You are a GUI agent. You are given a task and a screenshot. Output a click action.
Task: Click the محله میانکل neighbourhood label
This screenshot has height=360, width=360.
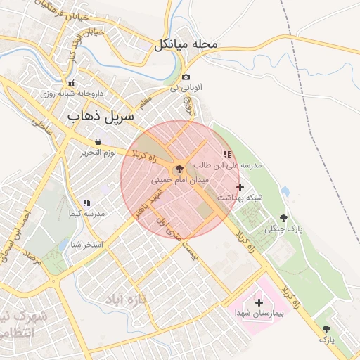pyautogui.click(x=187, y=45)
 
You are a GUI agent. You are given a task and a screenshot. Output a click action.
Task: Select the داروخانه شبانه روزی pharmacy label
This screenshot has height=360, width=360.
pyautogui.click(x=71, y=93)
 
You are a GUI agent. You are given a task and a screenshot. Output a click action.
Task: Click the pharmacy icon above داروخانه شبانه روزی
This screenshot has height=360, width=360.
pyautogui.click(x=71, y=82)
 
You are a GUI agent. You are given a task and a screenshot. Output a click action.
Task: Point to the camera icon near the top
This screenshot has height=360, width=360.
pyautogui.click(x=186, y=77)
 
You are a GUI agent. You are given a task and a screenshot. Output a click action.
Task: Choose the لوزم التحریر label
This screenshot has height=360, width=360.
pyautogui.click(x=97, y=152)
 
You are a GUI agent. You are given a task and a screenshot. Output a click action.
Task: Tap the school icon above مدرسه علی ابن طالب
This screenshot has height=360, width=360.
pyautogui.click(x=226, y=154)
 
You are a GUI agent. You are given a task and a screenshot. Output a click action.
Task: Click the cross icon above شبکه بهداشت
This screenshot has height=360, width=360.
pyautogui.click(x=240, y=187)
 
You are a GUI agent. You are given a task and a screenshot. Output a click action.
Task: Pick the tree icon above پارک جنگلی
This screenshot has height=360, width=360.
pyautogui.click(x=283, y=219)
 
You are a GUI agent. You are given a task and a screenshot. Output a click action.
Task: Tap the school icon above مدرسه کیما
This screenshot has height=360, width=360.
pyautogui.click(x=86, y=202)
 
